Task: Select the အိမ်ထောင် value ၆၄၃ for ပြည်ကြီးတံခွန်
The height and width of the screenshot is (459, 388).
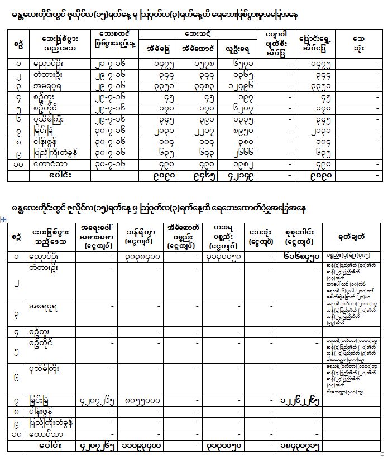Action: point(198,153)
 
